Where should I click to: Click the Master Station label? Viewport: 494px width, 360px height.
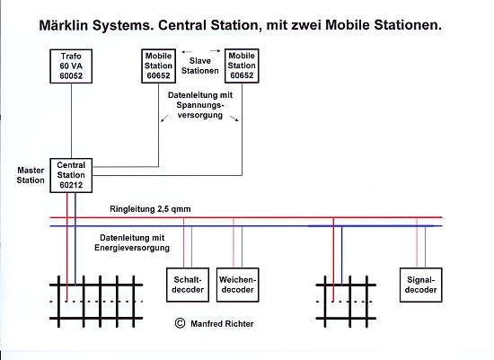point(31,175)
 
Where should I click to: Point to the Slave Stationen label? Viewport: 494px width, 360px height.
point(200,66)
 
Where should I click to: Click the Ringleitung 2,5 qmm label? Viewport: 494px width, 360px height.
point(150,209)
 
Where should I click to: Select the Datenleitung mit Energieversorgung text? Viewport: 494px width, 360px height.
point(132,242)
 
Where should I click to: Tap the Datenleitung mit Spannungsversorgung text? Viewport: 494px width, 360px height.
point(200,105)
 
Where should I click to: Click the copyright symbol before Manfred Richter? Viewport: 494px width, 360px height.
point(180,323)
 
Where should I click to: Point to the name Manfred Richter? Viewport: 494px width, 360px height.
point(222,324)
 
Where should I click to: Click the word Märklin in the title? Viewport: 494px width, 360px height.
point(64,25)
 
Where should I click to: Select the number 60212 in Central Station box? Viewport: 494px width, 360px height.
point(71,185)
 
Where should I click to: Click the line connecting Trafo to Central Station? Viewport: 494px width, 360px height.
point(71,121)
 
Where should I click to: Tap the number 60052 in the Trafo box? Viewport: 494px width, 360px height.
point(71,76)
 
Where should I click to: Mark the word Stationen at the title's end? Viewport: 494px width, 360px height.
point(408,25)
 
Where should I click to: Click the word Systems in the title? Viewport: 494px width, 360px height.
point(123,25)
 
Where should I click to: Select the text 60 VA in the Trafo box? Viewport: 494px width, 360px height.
point(71,66)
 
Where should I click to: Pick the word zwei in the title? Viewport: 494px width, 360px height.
point(306,25)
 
